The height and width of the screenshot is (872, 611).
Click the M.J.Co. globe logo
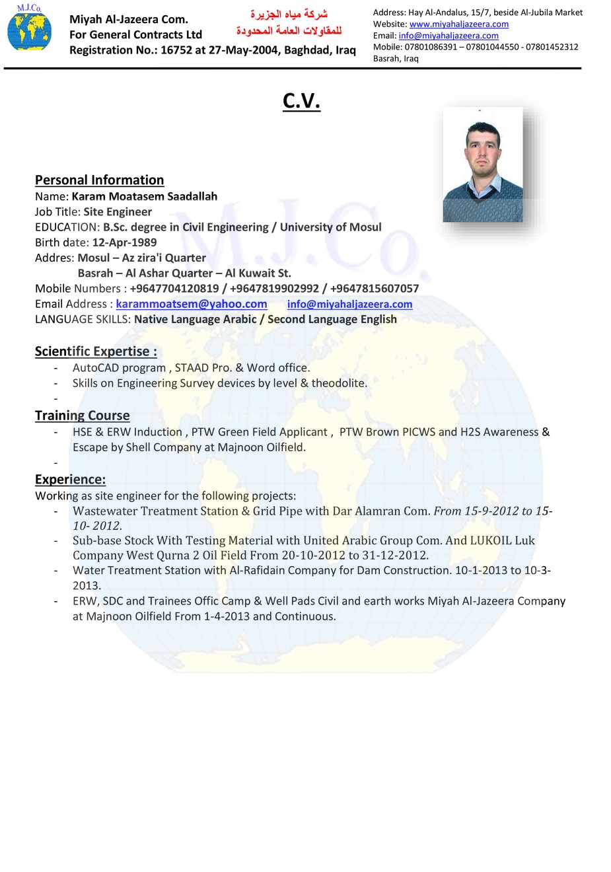(29, 29)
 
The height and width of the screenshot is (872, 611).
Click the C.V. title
(301, 100)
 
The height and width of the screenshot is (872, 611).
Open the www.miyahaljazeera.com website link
(458, 24)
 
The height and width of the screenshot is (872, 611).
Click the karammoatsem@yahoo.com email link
(192, 304)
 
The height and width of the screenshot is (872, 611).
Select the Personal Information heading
(99, 180)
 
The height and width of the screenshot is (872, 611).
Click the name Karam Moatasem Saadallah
(144, 196)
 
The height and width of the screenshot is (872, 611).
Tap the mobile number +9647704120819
(174, 289)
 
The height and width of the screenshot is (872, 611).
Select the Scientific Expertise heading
(96, 351)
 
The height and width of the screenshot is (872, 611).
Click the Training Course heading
(82, 416)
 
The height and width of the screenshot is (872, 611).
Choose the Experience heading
(70, 480)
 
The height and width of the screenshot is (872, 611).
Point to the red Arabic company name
(289, 22)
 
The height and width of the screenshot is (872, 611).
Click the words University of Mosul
(330, 227)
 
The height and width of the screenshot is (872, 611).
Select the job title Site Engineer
(118, 212)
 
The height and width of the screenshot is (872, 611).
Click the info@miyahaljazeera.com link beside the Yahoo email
(349, 304)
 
